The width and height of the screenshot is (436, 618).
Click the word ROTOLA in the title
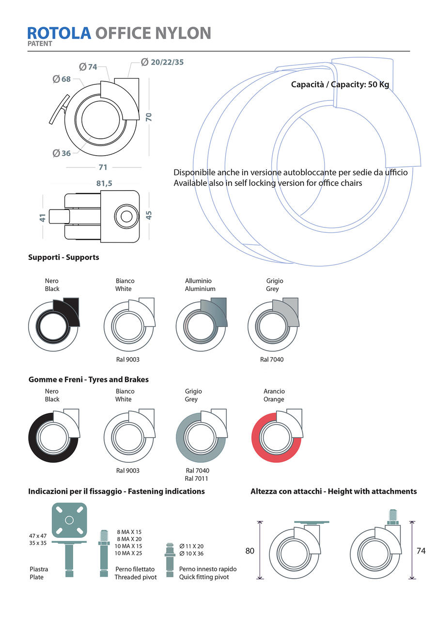coord(59,33)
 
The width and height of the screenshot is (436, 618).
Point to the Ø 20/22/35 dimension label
coord(162,62)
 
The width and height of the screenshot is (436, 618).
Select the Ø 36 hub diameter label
coord(62,153)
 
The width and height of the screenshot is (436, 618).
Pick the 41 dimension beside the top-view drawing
coord(42,217)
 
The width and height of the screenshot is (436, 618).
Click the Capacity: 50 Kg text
coord(340,84)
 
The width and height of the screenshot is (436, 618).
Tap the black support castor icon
coord(54,322)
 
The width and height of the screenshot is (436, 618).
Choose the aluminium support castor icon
coord(201,322)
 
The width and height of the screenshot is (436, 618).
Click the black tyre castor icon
coord(54,433)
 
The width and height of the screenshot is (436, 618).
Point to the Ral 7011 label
coord(197,478)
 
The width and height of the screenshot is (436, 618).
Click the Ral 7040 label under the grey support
coord(272,359)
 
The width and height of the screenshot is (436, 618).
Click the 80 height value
coord(250,551)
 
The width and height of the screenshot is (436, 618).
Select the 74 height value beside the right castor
coord(421,551)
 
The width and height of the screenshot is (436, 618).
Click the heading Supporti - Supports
coord(63,257)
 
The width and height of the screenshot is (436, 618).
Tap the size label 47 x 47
coord(38,536)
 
